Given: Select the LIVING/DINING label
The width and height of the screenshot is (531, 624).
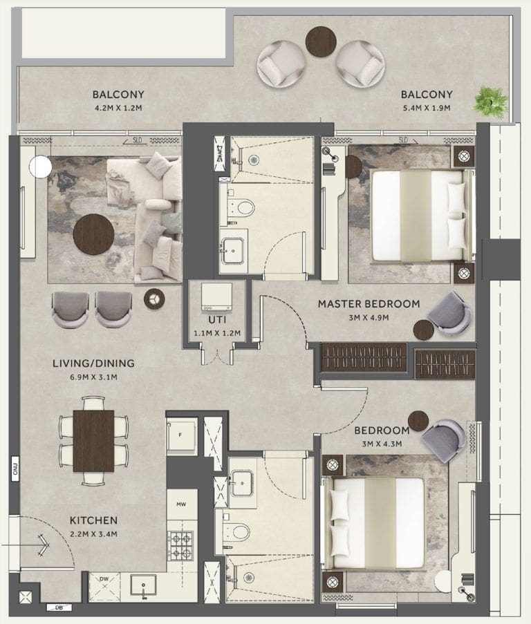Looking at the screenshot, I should [93, 363].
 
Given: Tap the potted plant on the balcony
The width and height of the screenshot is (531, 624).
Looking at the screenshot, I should [490, 101].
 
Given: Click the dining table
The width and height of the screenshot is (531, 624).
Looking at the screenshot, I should [93, 440].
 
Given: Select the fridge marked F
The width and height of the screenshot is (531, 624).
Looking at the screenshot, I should [181, 435].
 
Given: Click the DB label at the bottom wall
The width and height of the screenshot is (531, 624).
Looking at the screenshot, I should [59, 608].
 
